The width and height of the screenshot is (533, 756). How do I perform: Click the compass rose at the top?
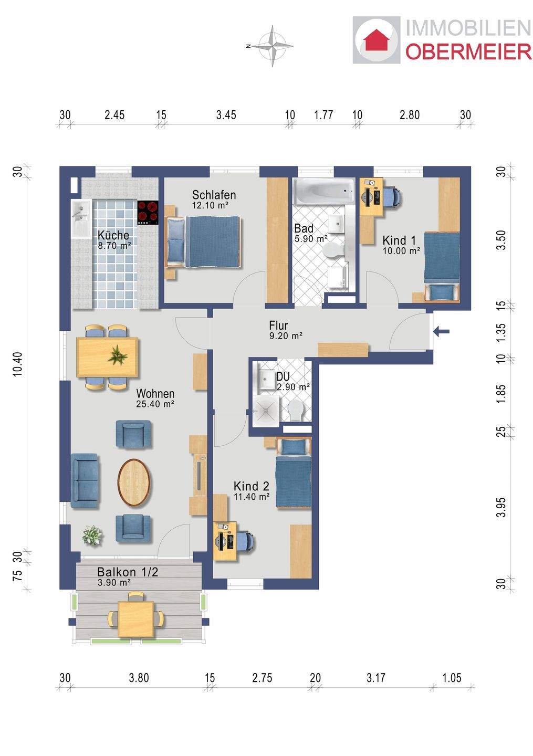click(273, 46)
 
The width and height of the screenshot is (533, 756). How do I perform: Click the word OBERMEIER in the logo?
click(468, 52)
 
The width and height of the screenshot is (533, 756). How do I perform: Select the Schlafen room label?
click(214, 195)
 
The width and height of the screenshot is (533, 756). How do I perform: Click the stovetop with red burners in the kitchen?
click(148, 213)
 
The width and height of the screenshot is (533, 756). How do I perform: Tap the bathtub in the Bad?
click(323, 191)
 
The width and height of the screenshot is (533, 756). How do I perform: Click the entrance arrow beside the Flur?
click(442, 331)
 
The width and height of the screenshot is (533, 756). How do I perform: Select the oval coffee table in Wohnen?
click(134, 482)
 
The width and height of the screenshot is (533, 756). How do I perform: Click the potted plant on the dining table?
click(118, 356)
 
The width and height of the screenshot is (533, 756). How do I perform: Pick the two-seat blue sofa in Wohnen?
click(85, 481)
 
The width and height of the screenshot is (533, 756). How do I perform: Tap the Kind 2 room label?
click(251, 486)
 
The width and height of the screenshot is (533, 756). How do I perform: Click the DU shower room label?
click(283, 376)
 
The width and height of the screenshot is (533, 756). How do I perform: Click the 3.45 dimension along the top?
click(226, 115)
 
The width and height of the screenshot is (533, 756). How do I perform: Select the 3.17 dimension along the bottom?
click(375, 678)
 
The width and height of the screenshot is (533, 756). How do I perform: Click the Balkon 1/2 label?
click(128, 572)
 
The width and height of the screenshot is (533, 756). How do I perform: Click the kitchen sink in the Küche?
click(81, 219)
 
